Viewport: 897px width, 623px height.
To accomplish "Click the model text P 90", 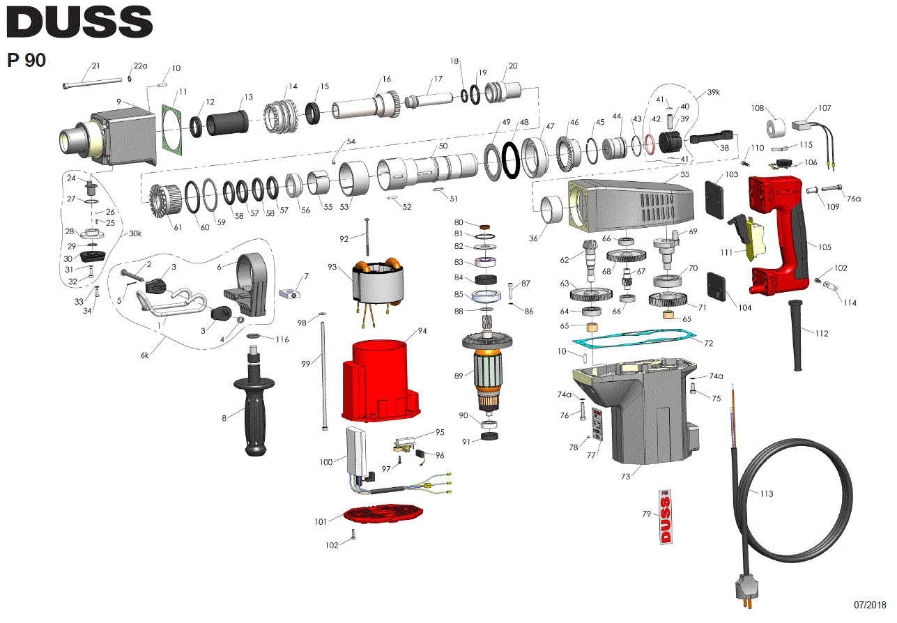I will coord(26,61).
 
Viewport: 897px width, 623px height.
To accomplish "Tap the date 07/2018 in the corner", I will coord(871,604).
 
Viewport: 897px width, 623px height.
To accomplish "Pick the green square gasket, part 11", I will coord(168,126).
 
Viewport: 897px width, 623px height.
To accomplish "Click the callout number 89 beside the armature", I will coord(458,376).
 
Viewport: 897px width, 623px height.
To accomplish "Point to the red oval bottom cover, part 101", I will coord(384,514).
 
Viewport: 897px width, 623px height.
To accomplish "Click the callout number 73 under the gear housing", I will coord(625,476).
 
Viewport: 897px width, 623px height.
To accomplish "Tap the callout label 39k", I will coord(713,93).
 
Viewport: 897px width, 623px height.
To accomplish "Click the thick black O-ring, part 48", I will coord(512,160).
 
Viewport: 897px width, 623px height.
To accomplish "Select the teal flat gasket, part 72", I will coord(634,340).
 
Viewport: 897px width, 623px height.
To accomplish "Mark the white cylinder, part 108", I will coord(776,129).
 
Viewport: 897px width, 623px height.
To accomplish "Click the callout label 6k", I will coord(145,355).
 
